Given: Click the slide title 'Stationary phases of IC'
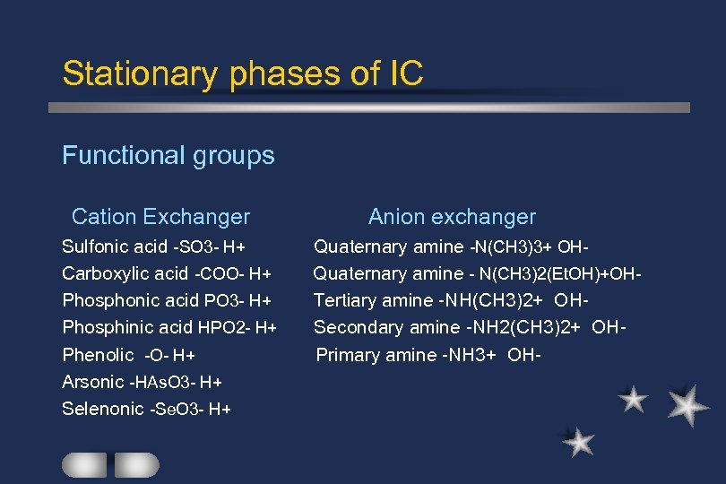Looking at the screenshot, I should click(242, 73).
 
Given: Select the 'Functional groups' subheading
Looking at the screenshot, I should click(168, 156).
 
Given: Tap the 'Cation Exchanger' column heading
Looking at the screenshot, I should click(160, 217).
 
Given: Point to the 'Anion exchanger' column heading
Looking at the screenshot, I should click(452, 217).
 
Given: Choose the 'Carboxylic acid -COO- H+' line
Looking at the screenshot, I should click(167, 273).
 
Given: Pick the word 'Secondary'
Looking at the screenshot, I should click(353, 327).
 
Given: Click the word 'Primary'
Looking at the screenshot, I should click(348, 355).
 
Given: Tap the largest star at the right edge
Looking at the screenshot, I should click(688, 405).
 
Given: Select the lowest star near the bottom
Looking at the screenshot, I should click(580, 441).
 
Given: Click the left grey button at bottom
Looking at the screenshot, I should click(84, 464).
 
